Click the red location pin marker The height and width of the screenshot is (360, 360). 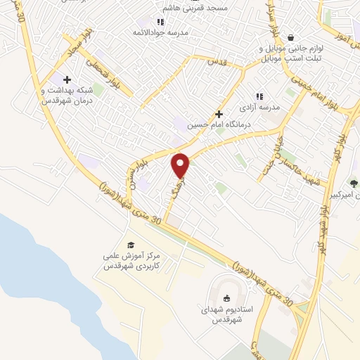(x=181, y=165)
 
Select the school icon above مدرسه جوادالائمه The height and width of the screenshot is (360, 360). (x=161, y=22)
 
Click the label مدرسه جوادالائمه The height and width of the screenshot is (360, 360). (x=161, y=33)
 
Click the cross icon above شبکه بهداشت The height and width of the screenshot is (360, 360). (x=67, y=79)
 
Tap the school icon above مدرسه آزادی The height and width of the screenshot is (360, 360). (x=259, y=96)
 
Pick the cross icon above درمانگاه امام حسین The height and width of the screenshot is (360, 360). (x=219, y=113)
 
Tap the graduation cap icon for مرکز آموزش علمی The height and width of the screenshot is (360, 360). (x=130, y=244)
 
